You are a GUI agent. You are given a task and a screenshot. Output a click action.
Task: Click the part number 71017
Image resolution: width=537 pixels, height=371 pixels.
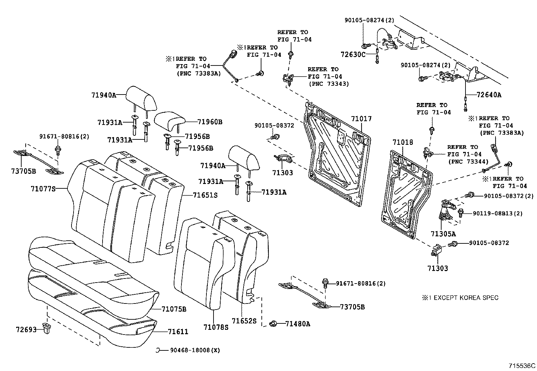click(x=361, y=119)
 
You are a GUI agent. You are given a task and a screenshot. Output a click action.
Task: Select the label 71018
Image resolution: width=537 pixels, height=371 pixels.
click(x=403, y=142)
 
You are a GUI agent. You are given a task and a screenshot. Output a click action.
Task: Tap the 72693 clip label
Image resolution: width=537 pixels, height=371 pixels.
click(x=26, y=329)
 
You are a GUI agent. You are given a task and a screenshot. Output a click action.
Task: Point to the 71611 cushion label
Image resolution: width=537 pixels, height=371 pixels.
click(x=178, y=332)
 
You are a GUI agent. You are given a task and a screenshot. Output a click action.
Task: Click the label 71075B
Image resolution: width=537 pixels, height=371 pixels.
click(x=174, y=309)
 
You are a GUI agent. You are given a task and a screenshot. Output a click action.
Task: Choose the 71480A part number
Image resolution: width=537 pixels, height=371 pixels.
click(x=298, y=324)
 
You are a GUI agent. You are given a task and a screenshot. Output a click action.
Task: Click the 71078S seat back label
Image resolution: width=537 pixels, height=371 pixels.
click(x=216, y=327)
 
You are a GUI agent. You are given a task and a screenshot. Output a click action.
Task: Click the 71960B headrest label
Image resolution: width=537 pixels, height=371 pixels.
click(x=210, y=122)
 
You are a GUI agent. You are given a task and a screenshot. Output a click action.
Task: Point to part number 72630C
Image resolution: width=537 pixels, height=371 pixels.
click(x=353, y=54)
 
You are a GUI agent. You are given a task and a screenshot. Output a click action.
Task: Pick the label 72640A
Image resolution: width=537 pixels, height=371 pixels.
click(x=489, y=95)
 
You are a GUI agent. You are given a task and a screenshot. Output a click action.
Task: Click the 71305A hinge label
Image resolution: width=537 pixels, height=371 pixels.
click(x=443, y=234)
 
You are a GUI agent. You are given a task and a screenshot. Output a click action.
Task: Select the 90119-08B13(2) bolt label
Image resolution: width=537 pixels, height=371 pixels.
click(x=498, y=213)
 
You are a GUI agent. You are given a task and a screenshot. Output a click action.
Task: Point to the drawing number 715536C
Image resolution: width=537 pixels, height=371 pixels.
click(x=522, y=366)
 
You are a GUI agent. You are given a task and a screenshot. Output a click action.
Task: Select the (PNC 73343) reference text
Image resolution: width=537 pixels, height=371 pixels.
click(x=329, y=84)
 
